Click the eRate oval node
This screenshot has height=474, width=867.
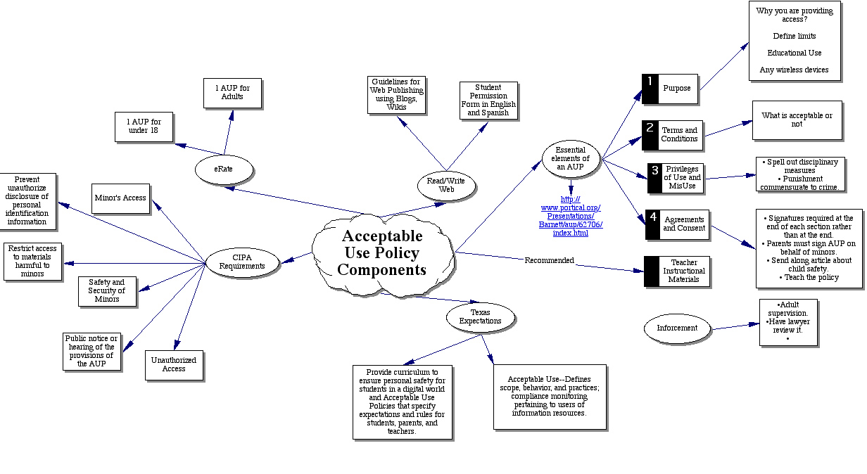point(223,169)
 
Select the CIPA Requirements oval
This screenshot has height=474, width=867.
point(241,262)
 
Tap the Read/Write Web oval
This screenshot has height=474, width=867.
point(446,185)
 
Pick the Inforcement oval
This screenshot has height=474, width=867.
point(676,328)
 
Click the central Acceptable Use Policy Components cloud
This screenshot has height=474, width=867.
point(382,253)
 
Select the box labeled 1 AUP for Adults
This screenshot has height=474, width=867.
point(232,93)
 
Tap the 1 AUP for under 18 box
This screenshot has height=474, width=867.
point(144,127)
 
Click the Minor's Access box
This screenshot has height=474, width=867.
point(120,198)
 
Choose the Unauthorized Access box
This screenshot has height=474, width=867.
point(174,364)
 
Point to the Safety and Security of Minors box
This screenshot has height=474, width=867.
point(107,291)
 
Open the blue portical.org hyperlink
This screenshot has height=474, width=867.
point(571,216)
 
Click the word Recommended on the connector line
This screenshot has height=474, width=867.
point(549,260)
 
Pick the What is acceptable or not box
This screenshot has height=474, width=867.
point(797,120)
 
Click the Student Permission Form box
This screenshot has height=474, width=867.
point(488,100)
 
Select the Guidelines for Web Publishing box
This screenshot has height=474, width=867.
point(396,94)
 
